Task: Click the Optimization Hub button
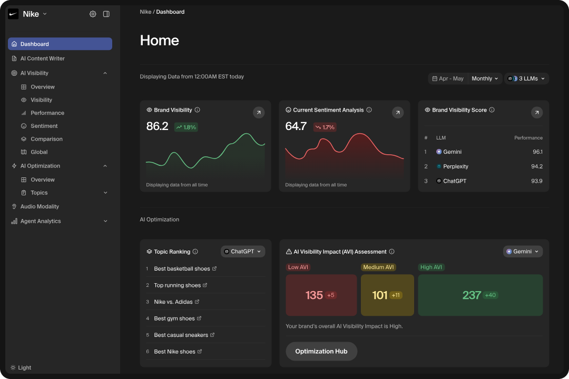321,351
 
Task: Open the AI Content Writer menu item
42,58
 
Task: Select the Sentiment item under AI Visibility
44,126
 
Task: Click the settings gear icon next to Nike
93,14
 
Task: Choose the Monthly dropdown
485,78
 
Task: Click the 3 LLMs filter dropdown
527,78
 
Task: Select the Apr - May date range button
448,78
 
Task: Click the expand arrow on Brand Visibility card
259,112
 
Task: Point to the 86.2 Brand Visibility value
157,126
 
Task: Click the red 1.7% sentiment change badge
325,127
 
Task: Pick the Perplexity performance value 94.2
537,166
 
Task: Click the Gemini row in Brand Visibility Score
452,152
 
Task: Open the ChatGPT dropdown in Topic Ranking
243,252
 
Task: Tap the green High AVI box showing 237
480,295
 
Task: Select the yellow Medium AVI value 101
380,295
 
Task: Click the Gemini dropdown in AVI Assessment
523,252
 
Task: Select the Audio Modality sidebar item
40,206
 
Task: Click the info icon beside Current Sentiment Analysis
369,110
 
